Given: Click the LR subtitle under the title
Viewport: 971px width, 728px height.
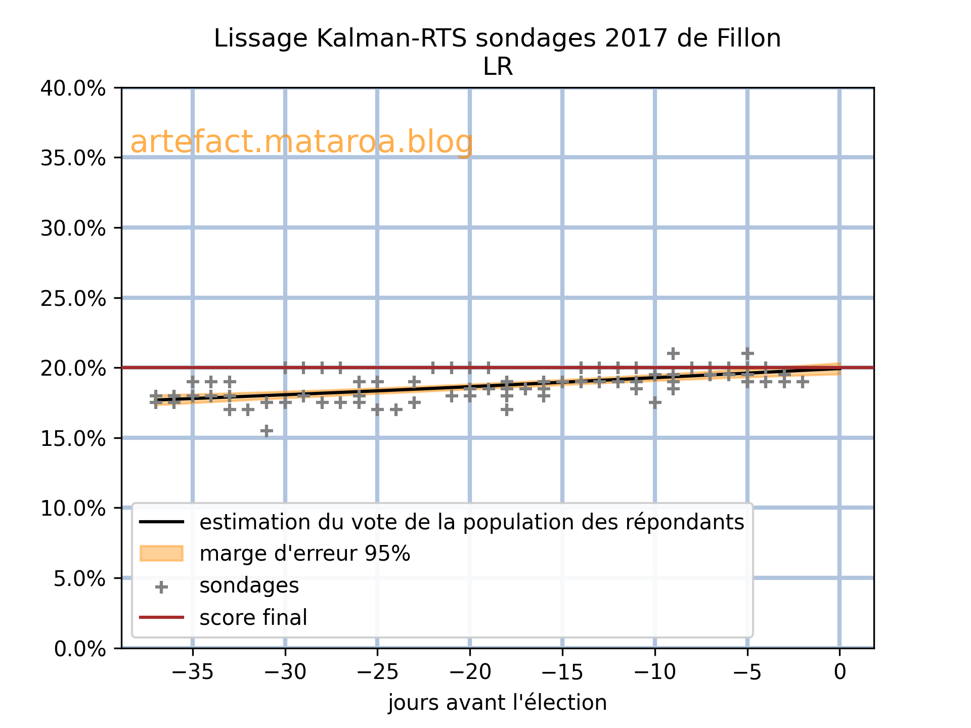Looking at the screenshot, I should point(498,67).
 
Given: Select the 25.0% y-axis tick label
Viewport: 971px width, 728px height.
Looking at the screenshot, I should point(73,298).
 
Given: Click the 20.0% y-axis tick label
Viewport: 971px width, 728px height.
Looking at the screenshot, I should point(73,368).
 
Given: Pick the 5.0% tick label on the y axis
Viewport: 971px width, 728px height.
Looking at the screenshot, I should point(79,578).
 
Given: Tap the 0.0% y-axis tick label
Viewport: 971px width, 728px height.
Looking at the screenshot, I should point(79,649).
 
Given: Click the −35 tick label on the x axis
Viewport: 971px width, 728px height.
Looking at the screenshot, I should point(192,672).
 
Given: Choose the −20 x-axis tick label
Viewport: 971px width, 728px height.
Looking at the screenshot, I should point(469,672).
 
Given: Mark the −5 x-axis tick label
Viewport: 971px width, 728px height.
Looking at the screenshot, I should point(747,672).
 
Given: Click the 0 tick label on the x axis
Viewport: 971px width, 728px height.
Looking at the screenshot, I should point(840,672).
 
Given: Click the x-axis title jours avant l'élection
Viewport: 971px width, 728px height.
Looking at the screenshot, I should point(497,703).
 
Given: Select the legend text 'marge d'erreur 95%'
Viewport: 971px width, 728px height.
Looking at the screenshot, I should point(304,554).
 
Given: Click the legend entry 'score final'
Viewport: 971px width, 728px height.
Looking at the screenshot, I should point(253,618).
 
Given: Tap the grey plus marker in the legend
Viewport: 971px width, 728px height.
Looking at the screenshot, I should point(161,587).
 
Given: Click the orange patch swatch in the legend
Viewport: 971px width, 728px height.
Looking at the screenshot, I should point(161,554).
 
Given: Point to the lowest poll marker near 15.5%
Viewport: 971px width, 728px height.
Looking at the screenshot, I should point(267,431).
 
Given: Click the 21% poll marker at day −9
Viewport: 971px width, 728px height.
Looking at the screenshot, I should point(673,353).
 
